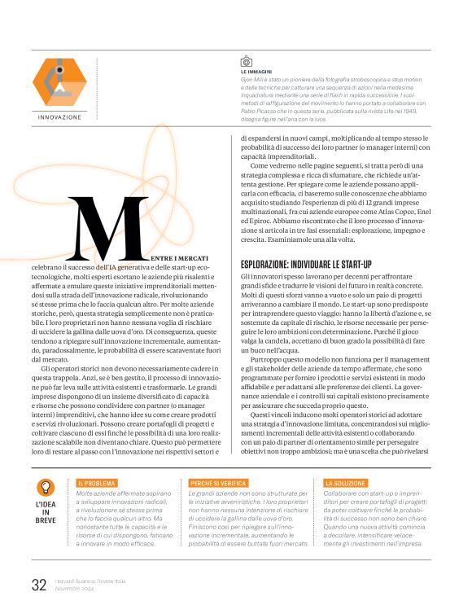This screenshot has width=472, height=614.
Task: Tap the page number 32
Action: click(x=39, y=584)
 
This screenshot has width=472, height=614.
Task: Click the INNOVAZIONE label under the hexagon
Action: click(x=60, y=117)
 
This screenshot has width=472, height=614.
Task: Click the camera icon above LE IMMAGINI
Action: click(x=247, y=61)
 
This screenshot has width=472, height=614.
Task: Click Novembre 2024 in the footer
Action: click(x=76, y=587)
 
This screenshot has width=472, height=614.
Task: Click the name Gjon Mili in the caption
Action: click(x=254, y=80)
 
